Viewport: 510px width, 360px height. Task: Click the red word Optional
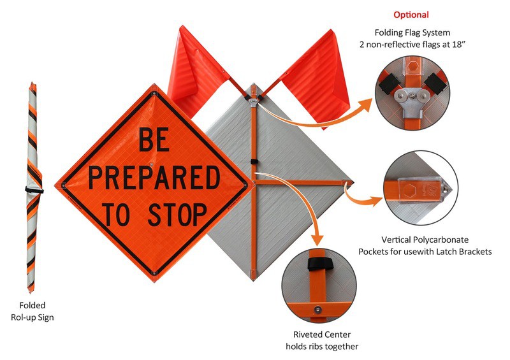[x=411, y=15]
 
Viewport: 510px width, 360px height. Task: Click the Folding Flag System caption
[x=411, y=39]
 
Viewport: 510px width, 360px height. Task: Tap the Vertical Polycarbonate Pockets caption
[x=433, y=246]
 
